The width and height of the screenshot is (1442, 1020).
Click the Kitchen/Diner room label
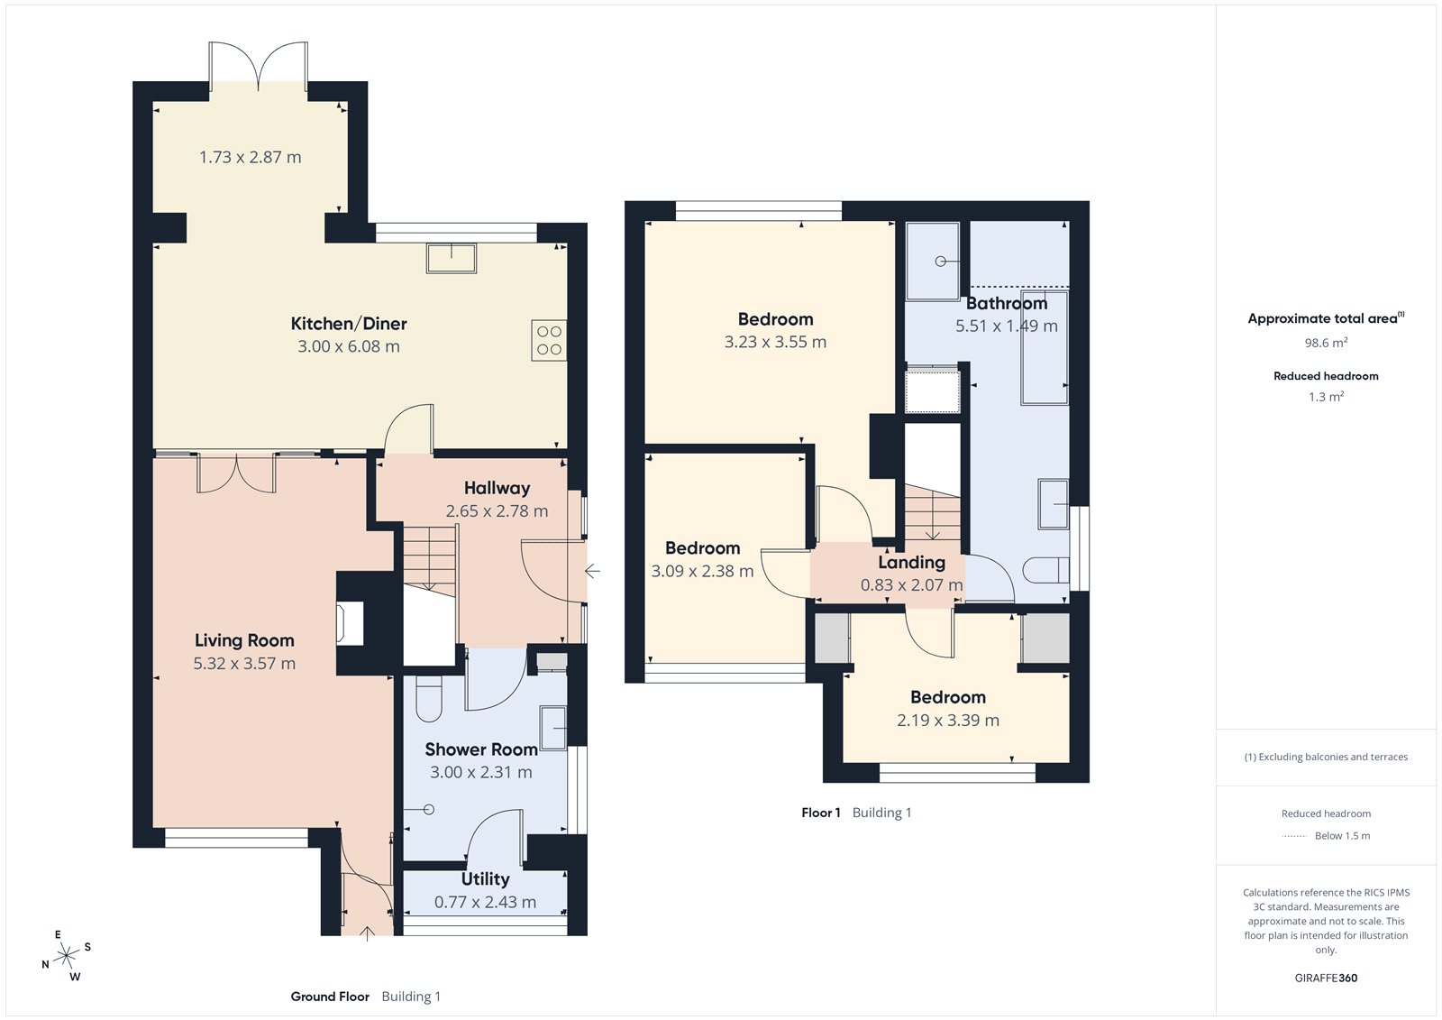click(x=349, y=324)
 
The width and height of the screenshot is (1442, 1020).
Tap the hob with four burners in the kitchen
click(x=549, y=341)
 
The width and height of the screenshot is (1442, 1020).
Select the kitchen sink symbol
click(x=452, y=257)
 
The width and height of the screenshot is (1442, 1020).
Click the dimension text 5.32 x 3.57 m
click(x=244, y=664)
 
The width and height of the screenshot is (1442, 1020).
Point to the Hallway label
click(x=497, y=488)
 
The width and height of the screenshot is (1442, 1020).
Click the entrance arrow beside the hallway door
click(x=592, y=571)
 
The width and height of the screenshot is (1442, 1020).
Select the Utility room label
click(x=485, y=879)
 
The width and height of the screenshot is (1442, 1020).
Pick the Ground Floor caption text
click(x=330, y=997)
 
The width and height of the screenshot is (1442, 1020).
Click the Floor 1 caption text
click(x=820, y=813)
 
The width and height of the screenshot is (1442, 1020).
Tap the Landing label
click(x=911, y=563)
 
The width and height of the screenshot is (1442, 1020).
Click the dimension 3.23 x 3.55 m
click(x=775, y=343)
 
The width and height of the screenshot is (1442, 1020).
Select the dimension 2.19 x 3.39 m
click(x=947, y=721)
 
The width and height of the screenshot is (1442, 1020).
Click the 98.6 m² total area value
click(x=1326, y=344)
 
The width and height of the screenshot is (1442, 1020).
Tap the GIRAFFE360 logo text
click(x=1326, y=978)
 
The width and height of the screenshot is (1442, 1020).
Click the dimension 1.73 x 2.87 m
click(x=250, y=158)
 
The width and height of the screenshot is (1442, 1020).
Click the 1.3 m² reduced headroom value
click(x=1326, y=397)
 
